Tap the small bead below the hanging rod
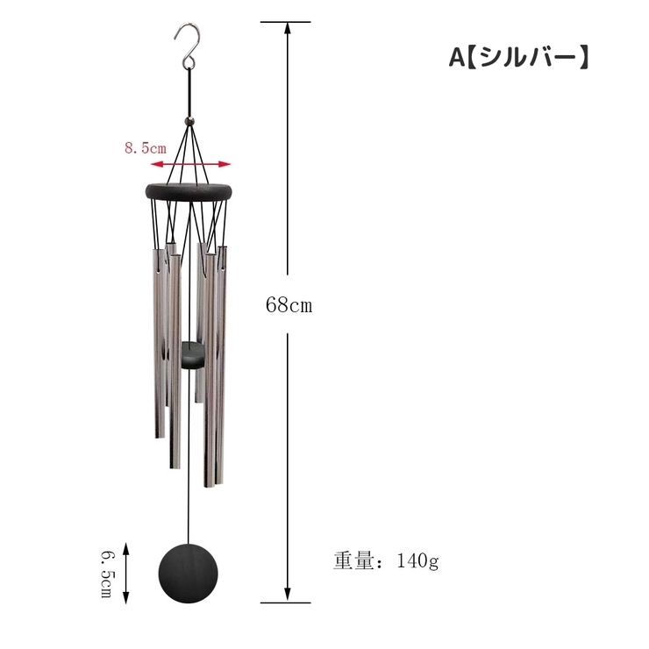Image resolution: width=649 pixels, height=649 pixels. (189, 121)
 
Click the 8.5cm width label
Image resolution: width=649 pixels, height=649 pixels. (146, 147)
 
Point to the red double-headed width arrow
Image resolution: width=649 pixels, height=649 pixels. (190, 164)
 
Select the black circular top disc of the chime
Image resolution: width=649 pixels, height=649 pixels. (189, 192)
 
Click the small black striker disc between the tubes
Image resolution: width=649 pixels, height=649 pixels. (193, 355)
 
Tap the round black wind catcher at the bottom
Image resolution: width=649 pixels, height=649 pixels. (188, 574)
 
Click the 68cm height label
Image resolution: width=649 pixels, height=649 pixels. (289, 305)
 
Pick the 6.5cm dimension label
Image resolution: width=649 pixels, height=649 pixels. (107, 574)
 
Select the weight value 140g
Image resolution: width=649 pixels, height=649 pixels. (417, 561)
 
